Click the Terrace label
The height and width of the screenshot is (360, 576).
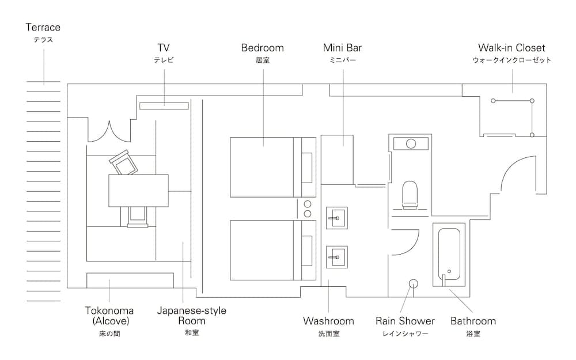tap(43, 28)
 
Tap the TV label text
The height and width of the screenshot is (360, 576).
tap(164, 48)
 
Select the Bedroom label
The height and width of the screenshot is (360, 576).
tap(262, 48)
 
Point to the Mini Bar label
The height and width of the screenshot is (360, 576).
tap(342, 48)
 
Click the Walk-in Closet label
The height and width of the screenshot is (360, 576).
tap(511, 48)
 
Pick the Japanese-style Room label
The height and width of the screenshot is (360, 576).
tap(191, 316)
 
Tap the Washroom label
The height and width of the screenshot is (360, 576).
tap(328, 321)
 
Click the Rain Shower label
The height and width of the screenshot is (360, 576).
tap(405, 321)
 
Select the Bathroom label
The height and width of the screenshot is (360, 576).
tap(473, 321)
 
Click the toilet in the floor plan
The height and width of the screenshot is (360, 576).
tap(410, 194)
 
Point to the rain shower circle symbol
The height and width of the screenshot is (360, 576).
tap(414, 283)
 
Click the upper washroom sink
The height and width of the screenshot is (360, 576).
tap(336, 218)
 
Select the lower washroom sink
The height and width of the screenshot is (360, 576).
tap(336, 254)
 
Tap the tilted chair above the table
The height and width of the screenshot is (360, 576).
tap(124, 162)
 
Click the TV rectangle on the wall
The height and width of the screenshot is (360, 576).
tap(164, 105)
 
